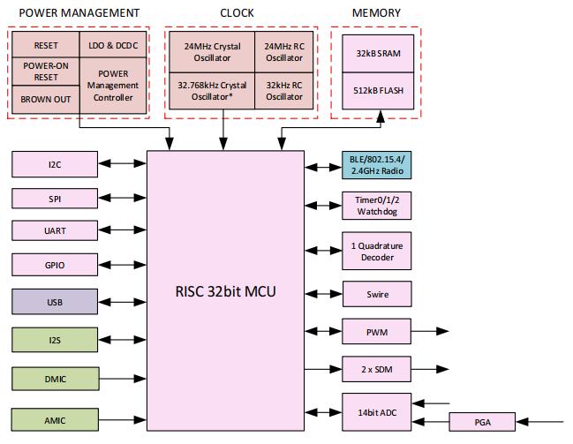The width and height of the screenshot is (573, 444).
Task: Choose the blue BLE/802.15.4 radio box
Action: tap(377, 164)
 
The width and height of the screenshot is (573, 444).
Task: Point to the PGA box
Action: tap(482, 423)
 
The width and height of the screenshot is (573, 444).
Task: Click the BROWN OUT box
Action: tap(45, 99)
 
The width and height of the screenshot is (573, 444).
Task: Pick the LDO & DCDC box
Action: tap(113, 44)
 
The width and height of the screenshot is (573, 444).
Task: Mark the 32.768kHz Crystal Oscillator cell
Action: tap(211, 91)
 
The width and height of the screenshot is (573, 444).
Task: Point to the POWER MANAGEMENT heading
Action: tap(79, 13)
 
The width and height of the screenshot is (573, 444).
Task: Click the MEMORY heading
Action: tap(376, 13)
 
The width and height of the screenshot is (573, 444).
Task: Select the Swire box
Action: tap(377, 294)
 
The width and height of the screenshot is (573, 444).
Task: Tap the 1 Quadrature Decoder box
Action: tap(377, 252)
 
